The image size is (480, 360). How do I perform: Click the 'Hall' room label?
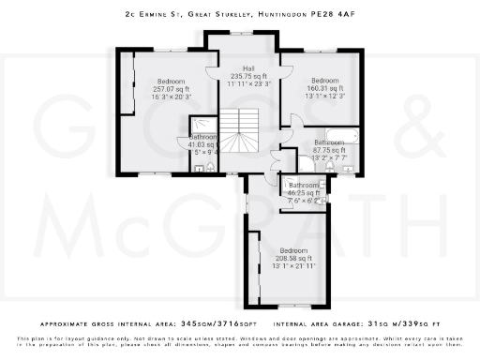pyautogui.click(x=248, y=68)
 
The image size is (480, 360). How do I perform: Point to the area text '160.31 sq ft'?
pyautogui.click(x=324, y=88)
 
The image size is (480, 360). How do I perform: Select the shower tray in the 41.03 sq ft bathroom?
pyautogui.click(x=202, y=127)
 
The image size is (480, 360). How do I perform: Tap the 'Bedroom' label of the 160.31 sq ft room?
pyautogui.click(x=324, y=81)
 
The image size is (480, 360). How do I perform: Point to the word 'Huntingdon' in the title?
pyautogui.click(x=278, y=14)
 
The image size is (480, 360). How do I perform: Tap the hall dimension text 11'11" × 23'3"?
pyautogui.click(x=248, y=83)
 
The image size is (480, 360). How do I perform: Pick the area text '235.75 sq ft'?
pyautogui.click(x=248, y=76)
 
